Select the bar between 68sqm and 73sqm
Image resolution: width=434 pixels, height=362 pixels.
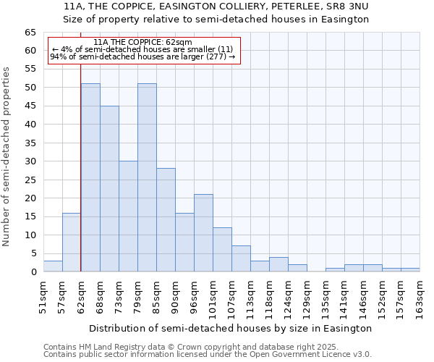click(109, 188)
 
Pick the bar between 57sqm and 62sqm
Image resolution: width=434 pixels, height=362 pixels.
click(72, 242)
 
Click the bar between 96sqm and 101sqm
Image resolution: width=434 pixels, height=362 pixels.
click(203, 232)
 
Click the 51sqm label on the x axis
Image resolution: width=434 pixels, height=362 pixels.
click(43, 297)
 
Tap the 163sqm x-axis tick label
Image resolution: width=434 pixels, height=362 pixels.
click(420, 297)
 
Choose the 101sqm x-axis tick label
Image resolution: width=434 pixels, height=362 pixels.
click(213, 297)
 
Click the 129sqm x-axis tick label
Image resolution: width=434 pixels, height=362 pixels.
click(307, 297)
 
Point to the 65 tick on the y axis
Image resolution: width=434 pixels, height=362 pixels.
click(30, 33)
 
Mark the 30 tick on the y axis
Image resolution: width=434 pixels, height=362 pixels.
click(30, 161)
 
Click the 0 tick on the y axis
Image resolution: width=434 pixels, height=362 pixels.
click(33, 272)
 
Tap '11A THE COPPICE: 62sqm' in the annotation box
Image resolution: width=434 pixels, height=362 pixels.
click(143, 43)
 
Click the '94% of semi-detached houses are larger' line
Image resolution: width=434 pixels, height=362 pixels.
click(143, 57)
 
